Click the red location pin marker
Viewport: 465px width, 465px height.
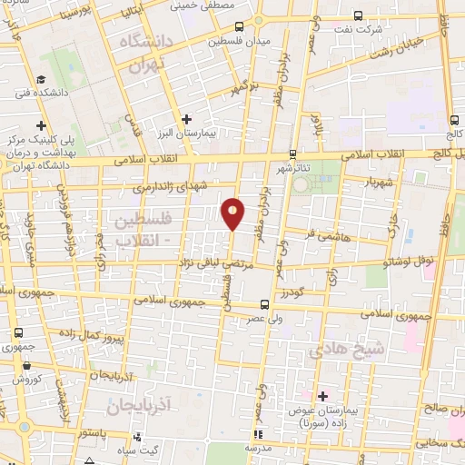point(233,213)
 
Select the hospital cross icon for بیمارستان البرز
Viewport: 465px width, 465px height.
point(186,118)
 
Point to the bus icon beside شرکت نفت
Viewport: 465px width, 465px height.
point(358,15)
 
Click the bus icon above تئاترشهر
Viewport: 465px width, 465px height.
point(292,153)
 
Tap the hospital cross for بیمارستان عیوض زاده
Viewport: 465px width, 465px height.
point(323,396)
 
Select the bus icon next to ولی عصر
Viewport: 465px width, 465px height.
point(263,304)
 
